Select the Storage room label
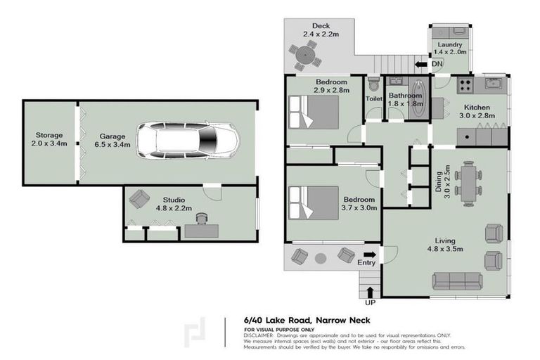pyautogui.click(x=49, y=139)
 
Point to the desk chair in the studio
pyautogui.click(x=202, y=220)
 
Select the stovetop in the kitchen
pyautogui.click(x=464, y=85)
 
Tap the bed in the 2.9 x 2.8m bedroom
pyautogui.click(x=313, y=111)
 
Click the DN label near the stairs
pyautogui.click(x=437, y=65)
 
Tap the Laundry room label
pyautogui.click(x=449, y=48)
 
